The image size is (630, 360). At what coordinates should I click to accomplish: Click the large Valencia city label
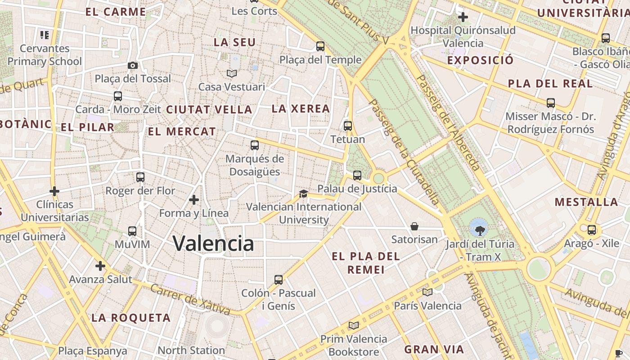pyautogui.click(x=213, y=243)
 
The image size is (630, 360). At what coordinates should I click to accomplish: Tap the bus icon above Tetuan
pyautogui.click(x=348, y=126)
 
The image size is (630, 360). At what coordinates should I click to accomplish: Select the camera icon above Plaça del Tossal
pyautogui.click(x=132, y=66)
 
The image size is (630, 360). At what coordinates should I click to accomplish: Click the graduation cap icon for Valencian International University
pyautogui.click(x=303, y=194)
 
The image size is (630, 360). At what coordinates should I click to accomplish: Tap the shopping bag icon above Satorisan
pyautogui.click(x=414, y=226)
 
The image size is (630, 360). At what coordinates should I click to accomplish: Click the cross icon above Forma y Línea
pyautogui.click(x=194, y=199)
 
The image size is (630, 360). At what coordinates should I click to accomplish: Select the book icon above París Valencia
pyautogui.click(x=427, y=292)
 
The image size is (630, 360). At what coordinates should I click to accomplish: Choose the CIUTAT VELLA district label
pyautogui.click(x=209, y=109)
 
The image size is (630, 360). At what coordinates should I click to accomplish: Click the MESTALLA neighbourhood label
pyautogui.click(x=586, y=202)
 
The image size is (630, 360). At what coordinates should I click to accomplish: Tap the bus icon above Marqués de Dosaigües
pyautogui.click(x=255, y=145)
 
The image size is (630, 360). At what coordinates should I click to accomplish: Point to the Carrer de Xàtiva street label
pyautogui.click(x=190, y=299)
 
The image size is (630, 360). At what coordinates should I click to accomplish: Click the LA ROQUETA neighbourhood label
pyautogui.click(x=131, y=318)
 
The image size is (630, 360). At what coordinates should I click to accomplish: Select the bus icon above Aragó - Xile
pyautogui.click(x=592, y=230)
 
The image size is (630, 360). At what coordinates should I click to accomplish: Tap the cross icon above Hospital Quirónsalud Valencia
pyautogui.click(x=463, y=18)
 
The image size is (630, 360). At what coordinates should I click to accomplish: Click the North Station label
pyautogui.click(x=191, y=350)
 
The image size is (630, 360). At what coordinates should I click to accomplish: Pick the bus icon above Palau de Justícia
pyautogui.click(x=357, y=175)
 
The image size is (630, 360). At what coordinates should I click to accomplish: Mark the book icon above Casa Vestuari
pyautogui.click(x=232, y=73)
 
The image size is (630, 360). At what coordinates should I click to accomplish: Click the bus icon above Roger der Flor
pyautogui.click(x=140, y=177)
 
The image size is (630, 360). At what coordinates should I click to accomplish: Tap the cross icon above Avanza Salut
pyautogui.click(x=100, y=266)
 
